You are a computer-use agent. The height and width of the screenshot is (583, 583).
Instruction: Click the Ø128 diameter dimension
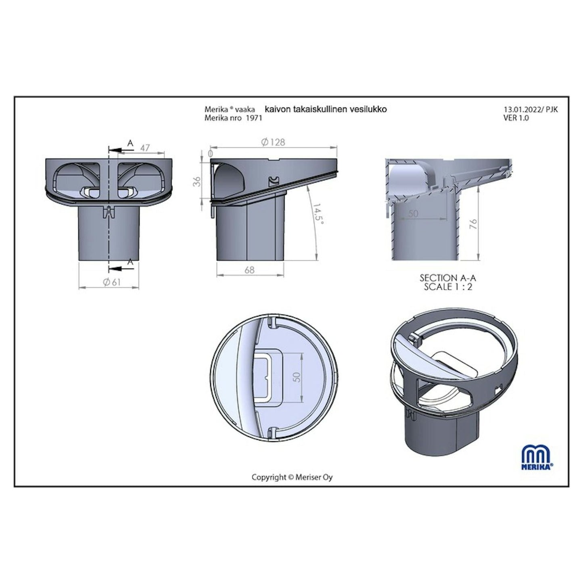[273, 142]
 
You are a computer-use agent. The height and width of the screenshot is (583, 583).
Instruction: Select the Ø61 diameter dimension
[112, 282]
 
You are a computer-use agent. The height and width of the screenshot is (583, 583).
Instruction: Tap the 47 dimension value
[145, 148]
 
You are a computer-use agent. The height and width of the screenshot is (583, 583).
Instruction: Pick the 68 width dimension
[249, 270]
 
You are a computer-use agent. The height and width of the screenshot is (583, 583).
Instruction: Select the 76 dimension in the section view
[473, 224]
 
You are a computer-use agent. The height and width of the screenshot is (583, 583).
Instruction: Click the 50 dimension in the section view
[413, 213]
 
